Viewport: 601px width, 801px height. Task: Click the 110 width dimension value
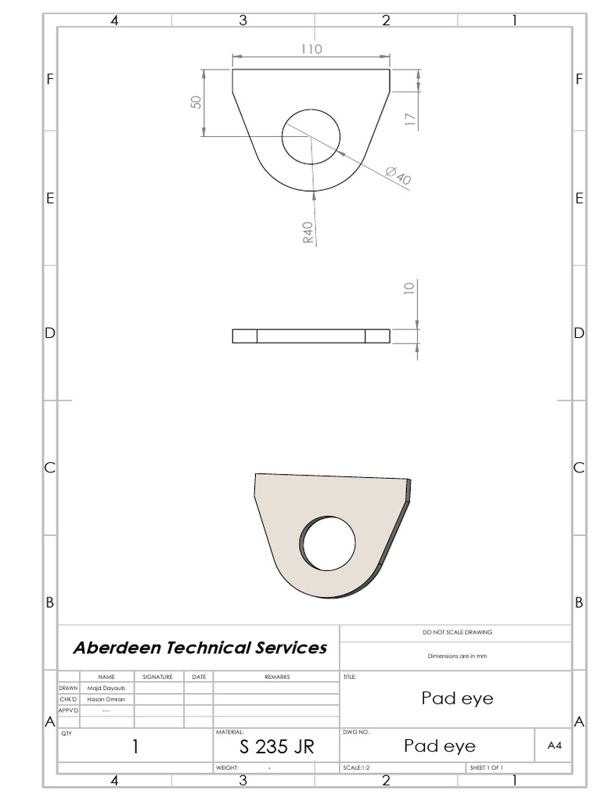click(311, 48)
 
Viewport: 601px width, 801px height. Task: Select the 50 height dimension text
click(196, 102)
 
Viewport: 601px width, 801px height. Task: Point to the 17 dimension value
click(411, 118)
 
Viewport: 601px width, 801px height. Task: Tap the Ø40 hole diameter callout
click(398, 177)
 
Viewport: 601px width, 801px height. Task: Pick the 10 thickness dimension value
click(408, 288)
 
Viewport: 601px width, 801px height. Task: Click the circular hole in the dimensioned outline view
click(311, 137)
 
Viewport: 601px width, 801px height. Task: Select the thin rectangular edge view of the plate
click(311, 336)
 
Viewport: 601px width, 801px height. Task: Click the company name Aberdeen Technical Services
click(200, 648)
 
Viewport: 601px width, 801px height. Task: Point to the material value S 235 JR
click(276, 747)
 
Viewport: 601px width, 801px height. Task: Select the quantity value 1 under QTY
click(135, 747)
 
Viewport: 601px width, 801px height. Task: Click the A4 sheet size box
click(554, 746)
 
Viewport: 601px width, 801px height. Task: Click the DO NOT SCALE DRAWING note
click(457, 632)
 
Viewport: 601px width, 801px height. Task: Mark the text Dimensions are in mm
click(457, 656)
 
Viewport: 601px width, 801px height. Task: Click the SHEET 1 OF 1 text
click(486, 768)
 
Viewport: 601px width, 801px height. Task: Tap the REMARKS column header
click(276, 677)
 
